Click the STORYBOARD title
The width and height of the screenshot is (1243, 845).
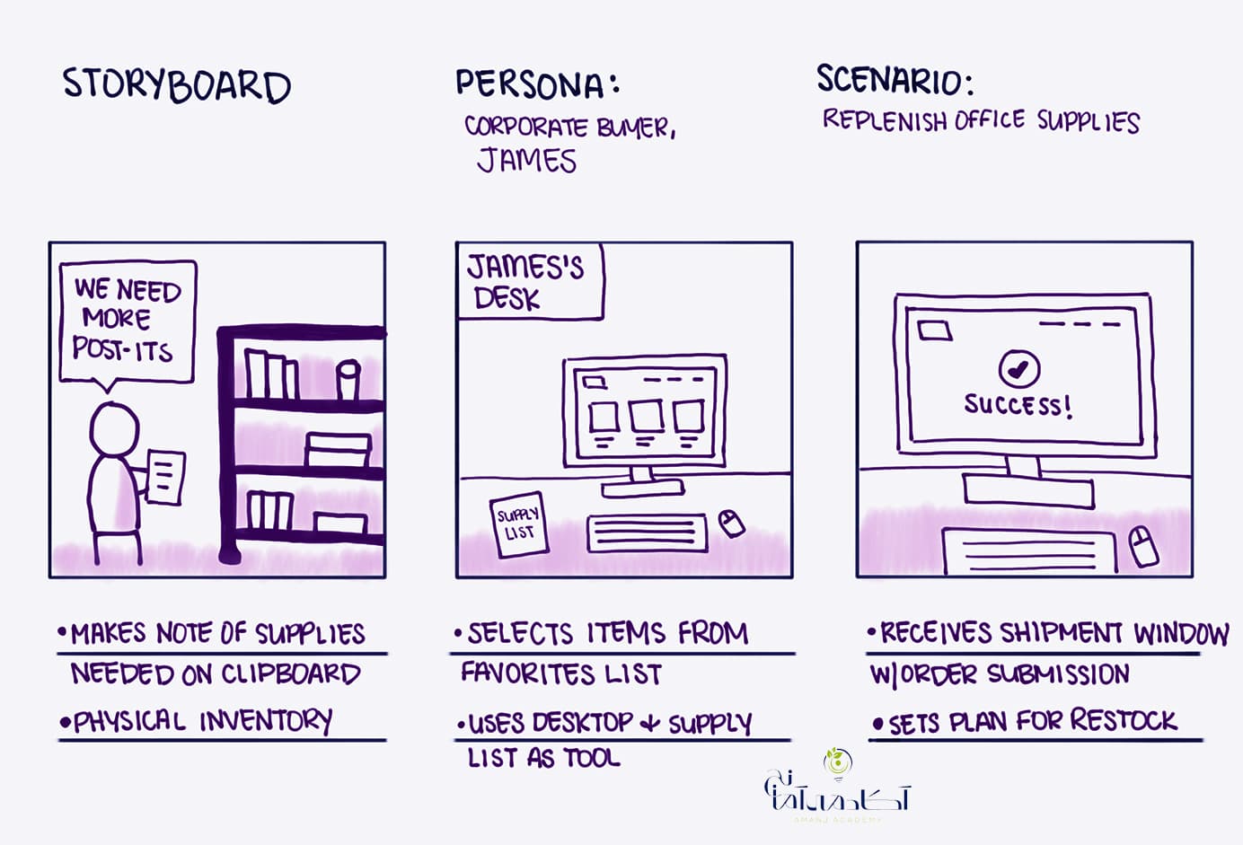[x=176, y=85]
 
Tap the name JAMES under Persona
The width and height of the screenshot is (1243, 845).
[x=526, y=161]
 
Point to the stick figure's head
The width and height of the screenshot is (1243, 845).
[x=114, y=429]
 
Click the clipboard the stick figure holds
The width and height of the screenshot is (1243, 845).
[x=166, y=477]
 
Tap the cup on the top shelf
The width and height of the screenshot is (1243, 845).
[x=348, y=379]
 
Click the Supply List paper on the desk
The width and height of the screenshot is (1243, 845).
[x=519, y=524]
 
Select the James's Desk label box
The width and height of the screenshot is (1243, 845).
[x=530, y=281]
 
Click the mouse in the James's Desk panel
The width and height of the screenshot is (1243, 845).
[x=731, y=524]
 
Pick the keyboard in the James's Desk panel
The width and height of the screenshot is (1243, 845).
[x=647, y=533]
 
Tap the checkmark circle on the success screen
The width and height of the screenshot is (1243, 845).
[x=1019, y=368]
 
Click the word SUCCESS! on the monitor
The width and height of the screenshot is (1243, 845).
[x=1018, y=405]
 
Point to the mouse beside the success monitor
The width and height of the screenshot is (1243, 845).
[x=1144, y=546]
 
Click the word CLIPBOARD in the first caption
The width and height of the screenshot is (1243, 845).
[x=291, y=673]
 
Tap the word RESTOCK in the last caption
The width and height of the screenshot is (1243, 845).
[x=1124, y=719]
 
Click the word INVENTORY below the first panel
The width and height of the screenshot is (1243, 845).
[x=266, y=721]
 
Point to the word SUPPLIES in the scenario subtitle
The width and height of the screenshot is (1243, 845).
[x=1089, y=121]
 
